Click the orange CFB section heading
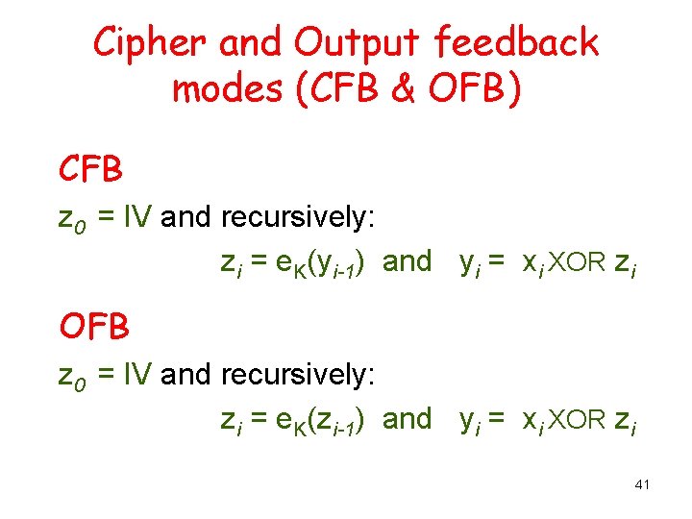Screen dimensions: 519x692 point(91,169)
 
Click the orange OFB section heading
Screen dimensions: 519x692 point(93,327)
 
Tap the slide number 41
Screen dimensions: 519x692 point(643,485)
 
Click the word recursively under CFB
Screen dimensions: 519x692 point(297,219)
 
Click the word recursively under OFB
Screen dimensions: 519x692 point(297,377)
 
